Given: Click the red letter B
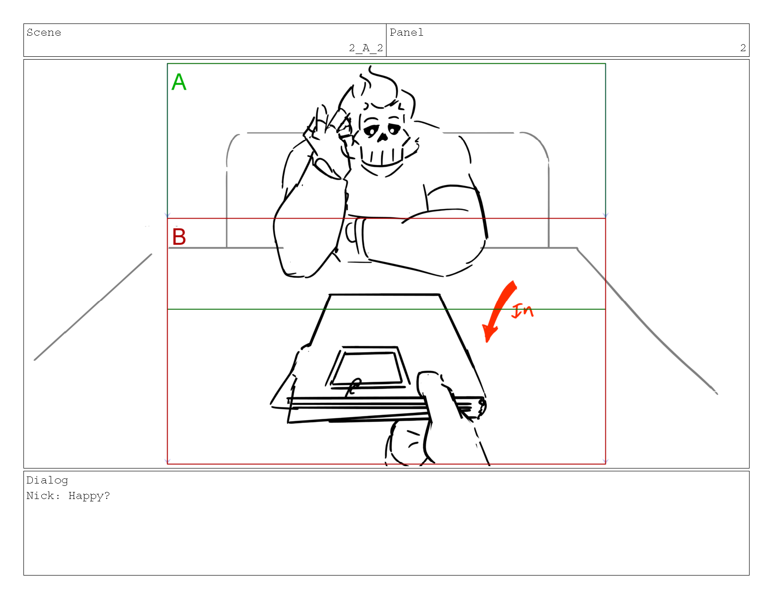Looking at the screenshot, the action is (179, 237).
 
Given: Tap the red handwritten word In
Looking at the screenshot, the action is (522, 310).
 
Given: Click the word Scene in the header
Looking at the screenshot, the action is (44, 32).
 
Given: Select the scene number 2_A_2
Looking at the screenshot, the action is (366, 48).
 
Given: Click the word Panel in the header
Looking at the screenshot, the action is (407, 32).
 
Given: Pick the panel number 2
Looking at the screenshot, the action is (743, 48).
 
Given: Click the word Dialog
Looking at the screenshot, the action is (47, 481).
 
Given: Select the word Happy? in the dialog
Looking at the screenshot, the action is (89, 496).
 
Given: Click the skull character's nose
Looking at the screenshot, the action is (382, 137).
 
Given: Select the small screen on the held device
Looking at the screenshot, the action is (366, 369).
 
